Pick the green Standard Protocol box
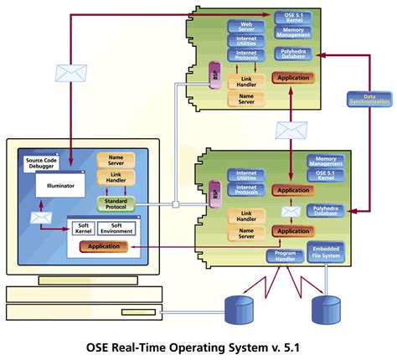tap(116, 203)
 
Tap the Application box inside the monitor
tap(103, 246)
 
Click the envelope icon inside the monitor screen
tap(40, 218)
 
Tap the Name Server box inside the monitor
tap(116, 160)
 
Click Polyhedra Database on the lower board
tap(327, 210)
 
